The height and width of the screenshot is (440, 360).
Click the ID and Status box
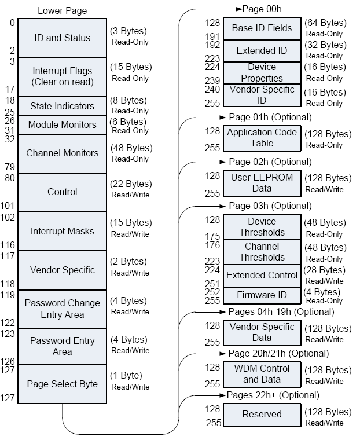[x=63, y=38]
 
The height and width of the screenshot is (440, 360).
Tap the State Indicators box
[x=63, y=106]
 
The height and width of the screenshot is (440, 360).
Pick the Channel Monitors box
[x=63, y=153]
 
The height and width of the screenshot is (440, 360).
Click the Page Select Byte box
[x=63, y=384]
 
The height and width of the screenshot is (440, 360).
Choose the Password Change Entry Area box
[x=63, y=309]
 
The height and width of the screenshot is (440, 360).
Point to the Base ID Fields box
[x=262, y=28]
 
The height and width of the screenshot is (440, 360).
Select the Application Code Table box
[x=262, y=138]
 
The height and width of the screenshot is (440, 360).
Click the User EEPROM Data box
[x=262, y=182]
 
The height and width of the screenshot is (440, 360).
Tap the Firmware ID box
[x=262, y=295]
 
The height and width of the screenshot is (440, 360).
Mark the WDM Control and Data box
[x=262, y=374]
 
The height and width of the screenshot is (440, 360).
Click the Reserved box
[x=262, y=415]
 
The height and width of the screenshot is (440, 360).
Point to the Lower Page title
[x=62, y=10]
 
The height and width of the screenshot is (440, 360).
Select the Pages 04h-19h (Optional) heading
[x=281, y=312]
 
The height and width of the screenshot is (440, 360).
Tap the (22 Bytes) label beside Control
[x=131, y=184]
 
